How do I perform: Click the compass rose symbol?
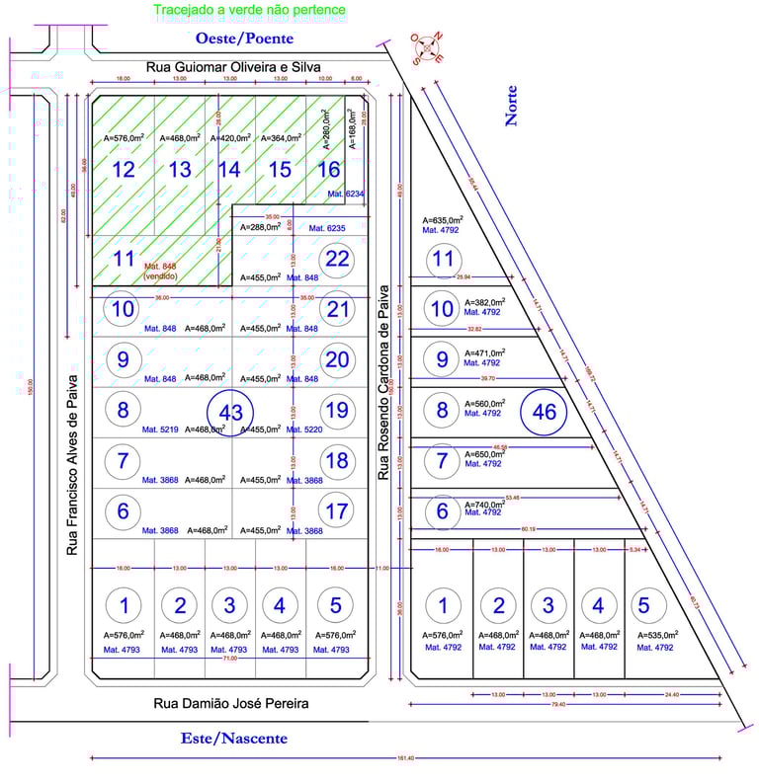click(428, 47)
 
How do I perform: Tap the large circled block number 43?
click(230, 414)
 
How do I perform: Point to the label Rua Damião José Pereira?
click(231, 704)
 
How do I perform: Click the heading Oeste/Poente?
click(245, 39)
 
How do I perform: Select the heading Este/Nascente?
click(234, 739)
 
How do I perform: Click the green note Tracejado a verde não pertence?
click(250, 11)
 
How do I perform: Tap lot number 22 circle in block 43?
click(338, 260)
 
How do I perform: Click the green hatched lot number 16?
click(328, 170)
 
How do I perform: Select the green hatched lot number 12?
click(124, 170)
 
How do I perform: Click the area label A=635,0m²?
click(443, 220)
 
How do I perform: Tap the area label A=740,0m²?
click(483, 503)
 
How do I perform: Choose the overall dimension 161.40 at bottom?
click(405, 757)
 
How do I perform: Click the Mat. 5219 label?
click(160, 430)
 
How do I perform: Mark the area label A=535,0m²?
click(656, 635)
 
